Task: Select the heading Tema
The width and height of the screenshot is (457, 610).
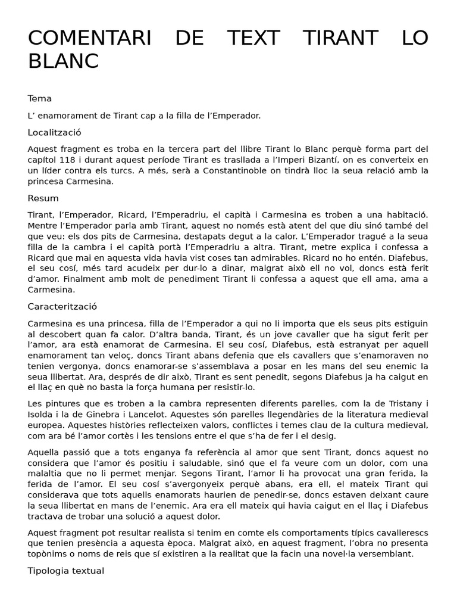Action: point(40,99)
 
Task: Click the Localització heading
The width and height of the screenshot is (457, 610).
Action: point(54,133)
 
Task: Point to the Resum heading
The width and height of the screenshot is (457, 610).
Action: point(43,198)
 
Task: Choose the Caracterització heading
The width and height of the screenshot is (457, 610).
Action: point(62,307)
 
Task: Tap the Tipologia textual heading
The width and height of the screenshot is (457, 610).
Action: point(65,571)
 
